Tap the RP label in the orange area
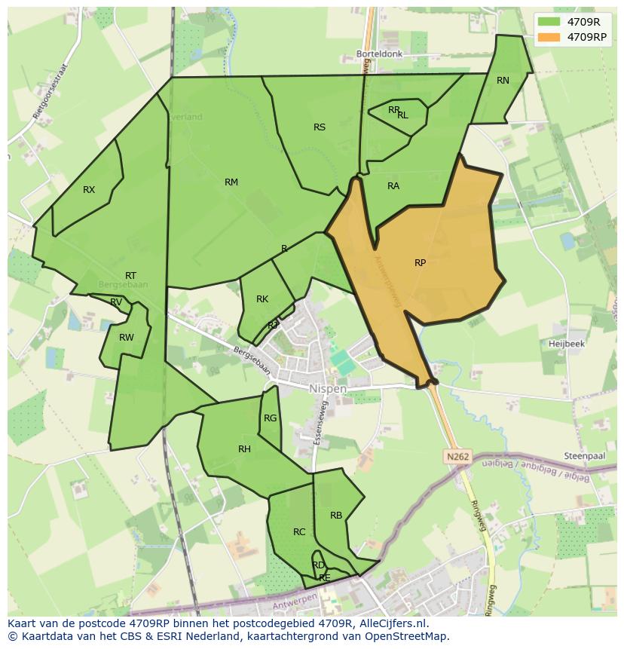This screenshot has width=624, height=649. [x=420, y=263]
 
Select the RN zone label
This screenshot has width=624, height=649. [x=503, y=81]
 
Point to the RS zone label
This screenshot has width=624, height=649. [x=320, y=127]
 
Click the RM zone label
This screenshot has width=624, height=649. [x=231, y=182]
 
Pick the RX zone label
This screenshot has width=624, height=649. [x=89, y=190]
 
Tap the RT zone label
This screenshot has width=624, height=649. [x=131, y=276]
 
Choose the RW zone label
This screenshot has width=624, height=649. [x=126, y=338]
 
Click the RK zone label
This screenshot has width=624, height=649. [x=262, y=299]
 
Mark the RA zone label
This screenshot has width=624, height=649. [x=393, y=186]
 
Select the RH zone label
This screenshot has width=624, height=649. [x=244, y=449]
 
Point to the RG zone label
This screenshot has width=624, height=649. [x=270, y=418]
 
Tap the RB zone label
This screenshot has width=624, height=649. [x=336, y=516]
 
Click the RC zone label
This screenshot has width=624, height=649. [x=299, y=532]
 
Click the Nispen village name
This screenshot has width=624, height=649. [x=328, y=389]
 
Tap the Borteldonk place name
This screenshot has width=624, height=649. [x=380, y=55]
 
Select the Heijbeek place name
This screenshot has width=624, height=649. [x=567, y=343]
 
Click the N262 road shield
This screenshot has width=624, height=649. [x=457, y=457]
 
